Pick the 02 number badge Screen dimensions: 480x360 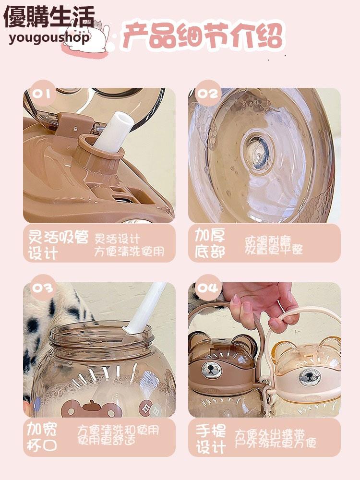pos(207,93)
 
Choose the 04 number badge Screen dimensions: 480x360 pos(207,287)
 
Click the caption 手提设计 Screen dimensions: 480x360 pos(211,438)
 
